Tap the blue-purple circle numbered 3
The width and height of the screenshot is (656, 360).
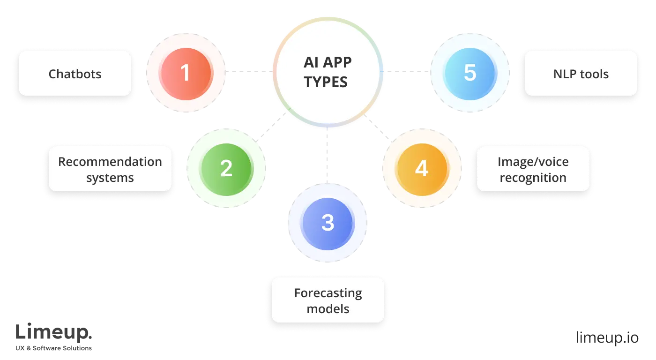point(328,223)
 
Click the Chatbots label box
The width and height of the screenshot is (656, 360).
point(75,74)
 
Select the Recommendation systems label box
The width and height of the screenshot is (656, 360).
point(110,169)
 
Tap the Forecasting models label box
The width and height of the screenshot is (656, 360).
point(328,300)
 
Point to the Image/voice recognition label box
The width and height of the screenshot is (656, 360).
point(533,169)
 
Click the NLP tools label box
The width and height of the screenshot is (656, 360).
point(581,74)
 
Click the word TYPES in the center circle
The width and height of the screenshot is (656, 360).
point(326,82)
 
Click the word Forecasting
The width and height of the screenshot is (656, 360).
point(328,293)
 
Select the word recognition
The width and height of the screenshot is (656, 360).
point(533,178)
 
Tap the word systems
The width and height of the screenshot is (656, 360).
point(110,178)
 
